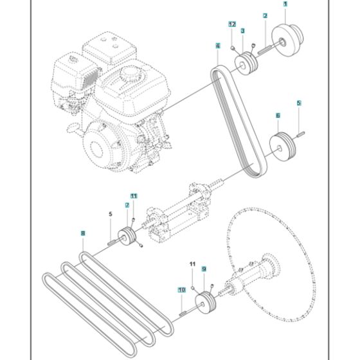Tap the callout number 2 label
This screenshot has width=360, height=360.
pyautogui.click(x=265, y=15)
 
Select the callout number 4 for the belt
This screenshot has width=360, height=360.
pyautogui.click(x=218, y=46)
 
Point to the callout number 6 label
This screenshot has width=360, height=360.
pyautogui.click(x=278, y=116)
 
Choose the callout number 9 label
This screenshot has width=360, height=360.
pyautogui.click(x=204, y=269)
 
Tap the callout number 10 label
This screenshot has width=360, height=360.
pyautogui.click(x=181, y=290)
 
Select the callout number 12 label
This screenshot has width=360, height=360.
pyautogui.click(x=232, y=24)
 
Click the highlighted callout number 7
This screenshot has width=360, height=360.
pyautogui.click(x=127, y=205)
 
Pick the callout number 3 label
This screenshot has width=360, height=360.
pyautogui.click(x=242, y=30)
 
